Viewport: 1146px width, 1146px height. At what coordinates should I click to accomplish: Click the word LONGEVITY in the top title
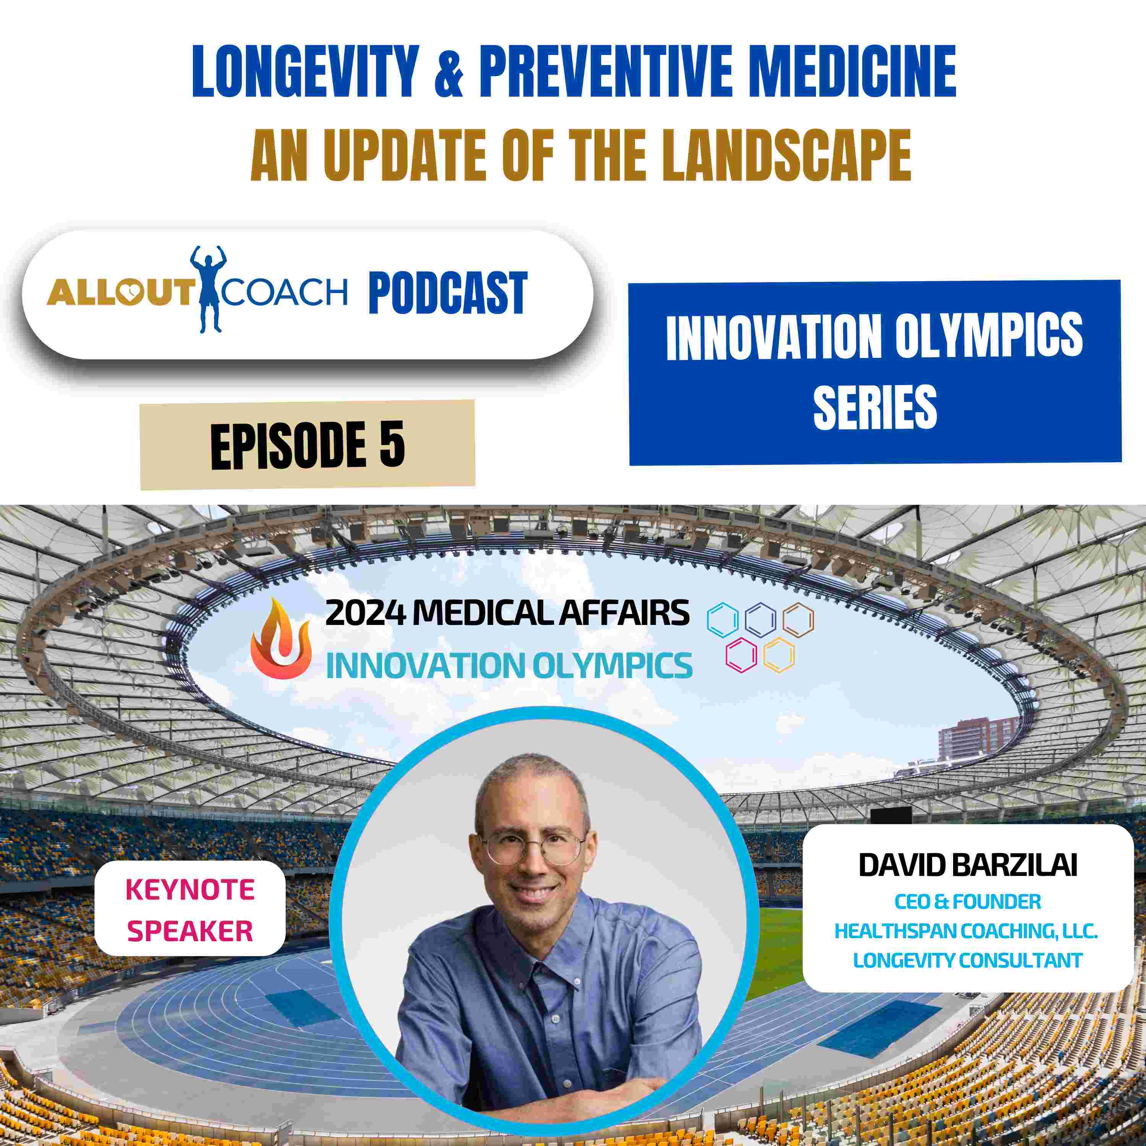(x=306, y=72)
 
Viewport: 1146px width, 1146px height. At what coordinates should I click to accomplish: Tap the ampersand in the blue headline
(x=449, y=72)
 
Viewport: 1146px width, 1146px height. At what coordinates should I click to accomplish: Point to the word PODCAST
(x=448, y=293)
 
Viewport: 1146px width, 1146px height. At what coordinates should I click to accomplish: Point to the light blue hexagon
(x=722, y=620)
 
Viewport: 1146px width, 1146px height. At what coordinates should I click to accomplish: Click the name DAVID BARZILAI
(x=968, y=866)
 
